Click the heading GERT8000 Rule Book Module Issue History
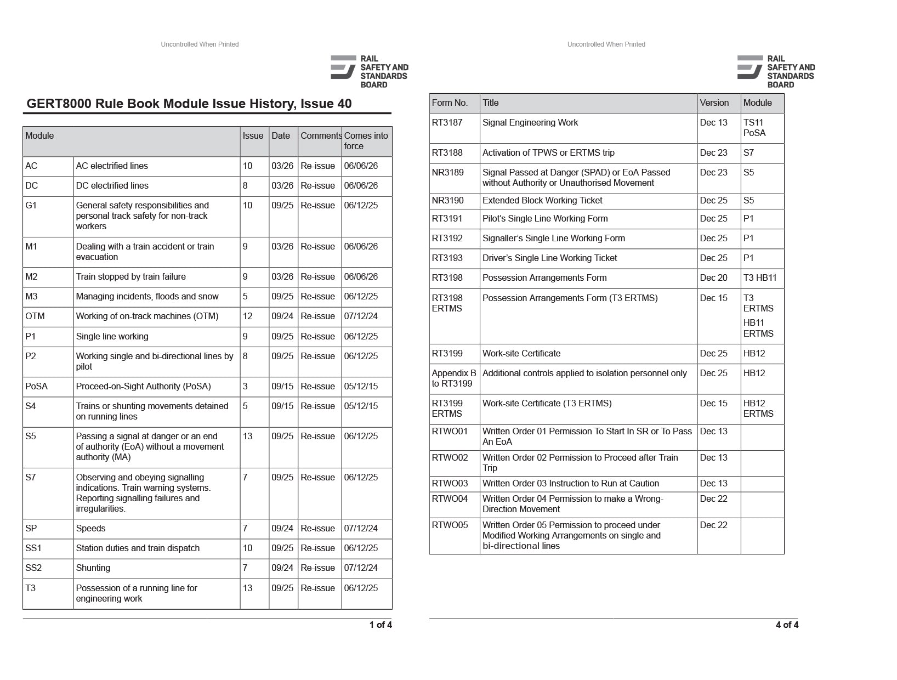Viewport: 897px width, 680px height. point(189,104)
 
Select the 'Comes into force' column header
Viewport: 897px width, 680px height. point(366,141)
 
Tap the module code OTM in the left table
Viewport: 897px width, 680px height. point(35,316)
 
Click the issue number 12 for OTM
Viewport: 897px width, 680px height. point(248,316)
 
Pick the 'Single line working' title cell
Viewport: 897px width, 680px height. point(112,336)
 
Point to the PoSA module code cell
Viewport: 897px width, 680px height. point(36,386)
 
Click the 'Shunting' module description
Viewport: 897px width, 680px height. point(93,568)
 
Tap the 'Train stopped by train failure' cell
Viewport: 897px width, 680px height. point(130,276)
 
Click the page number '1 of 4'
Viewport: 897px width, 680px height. point(381,625)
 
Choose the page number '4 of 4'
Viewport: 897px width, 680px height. point(787,625)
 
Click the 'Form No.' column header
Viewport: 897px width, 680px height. point(450,103)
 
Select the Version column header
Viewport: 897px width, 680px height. point(714,103)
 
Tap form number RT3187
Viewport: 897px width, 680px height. point(447,122)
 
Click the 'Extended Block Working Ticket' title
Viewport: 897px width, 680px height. point(542,200)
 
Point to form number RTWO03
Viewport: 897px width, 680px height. point(450,483)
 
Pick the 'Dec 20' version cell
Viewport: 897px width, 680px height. point(713,277)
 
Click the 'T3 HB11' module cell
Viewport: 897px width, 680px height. point(760,277)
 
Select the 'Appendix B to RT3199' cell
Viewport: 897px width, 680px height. point(453,378)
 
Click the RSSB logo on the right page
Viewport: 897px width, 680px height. point(776,71)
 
